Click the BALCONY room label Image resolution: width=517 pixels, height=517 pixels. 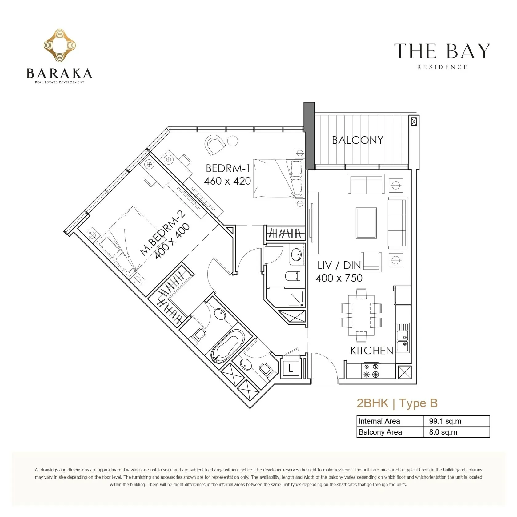[357, 140]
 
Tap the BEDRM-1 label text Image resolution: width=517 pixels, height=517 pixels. [228, 168]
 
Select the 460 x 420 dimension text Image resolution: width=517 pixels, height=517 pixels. [227, 181]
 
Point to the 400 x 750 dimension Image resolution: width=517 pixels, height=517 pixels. [339, 278]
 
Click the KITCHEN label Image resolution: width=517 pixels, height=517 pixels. [372, 351]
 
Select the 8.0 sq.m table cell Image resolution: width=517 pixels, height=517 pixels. [443, 432]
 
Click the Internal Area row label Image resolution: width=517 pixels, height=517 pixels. [379, 421]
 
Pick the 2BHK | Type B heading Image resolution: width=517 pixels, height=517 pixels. [397, 403]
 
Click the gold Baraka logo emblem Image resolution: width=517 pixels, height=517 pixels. [60, 45]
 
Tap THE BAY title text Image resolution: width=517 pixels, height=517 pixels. [442, 51]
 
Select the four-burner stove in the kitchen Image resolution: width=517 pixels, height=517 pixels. [371, 371]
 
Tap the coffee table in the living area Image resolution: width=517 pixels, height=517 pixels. [366, 223]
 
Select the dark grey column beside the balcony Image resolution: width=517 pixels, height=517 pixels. [309, 136]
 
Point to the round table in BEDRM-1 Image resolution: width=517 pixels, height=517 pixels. [233, 141]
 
